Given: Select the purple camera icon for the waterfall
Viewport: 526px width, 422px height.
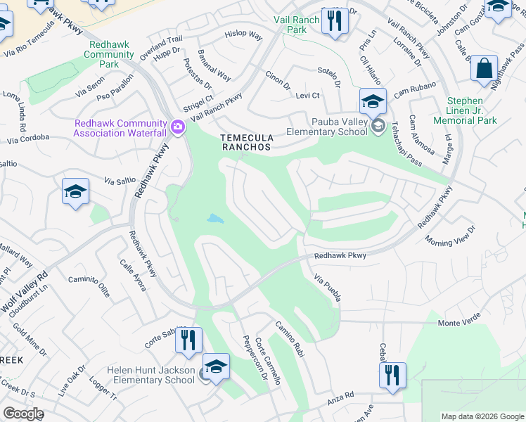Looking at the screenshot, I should [x=177, y=127].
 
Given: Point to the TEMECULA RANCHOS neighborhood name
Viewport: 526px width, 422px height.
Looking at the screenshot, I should [x=245, y=142].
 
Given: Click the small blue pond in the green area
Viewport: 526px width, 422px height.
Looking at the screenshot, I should [x=214, y=219].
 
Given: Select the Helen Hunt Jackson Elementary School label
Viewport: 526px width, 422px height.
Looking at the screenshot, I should [x=151, y=375].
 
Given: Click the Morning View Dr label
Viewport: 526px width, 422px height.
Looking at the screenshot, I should [x=450, y=235].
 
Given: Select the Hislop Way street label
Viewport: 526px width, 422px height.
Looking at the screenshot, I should [x=243, y=34].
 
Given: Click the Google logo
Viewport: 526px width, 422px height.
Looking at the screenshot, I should [x=23, y=414].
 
